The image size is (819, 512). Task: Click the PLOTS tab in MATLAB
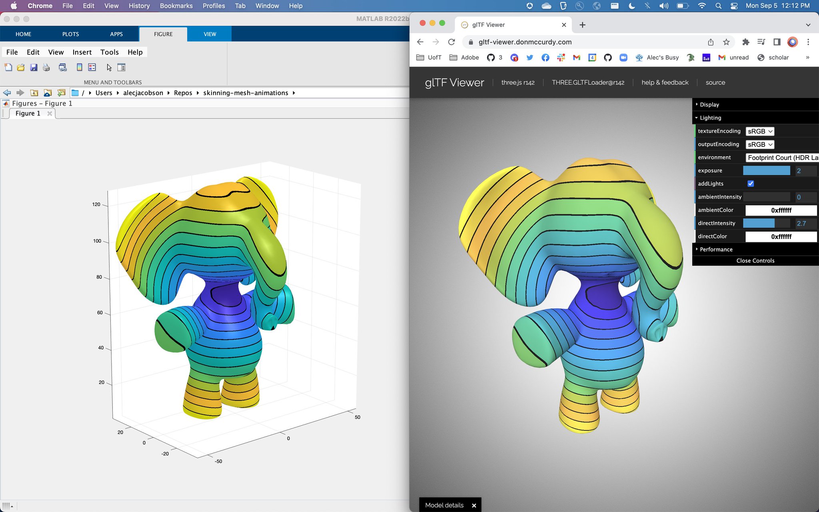70,34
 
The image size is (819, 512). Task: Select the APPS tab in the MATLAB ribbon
116,34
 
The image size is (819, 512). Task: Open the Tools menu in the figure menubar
109,52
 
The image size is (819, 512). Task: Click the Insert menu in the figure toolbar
82,52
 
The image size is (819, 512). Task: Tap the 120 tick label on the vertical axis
96,204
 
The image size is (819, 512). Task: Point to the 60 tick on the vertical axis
100,313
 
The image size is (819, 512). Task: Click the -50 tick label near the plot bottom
218,461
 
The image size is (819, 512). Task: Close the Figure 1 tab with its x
50,114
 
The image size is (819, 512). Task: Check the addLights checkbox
751,184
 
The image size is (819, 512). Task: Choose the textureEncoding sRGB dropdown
760,131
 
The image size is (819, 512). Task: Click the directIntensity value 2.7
801,224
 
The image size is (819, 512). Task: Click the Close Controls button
755,261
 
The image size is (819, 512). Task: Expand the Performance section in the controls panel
716,250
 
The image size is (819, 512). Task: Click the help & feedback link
665,82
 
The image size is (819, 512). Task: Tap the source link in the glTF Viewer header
715,82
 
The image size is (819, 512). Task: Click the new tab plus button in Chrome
583,25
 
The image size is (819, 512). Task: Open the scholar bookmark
773,58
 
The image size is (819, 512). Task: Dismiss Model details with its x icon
474,506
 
